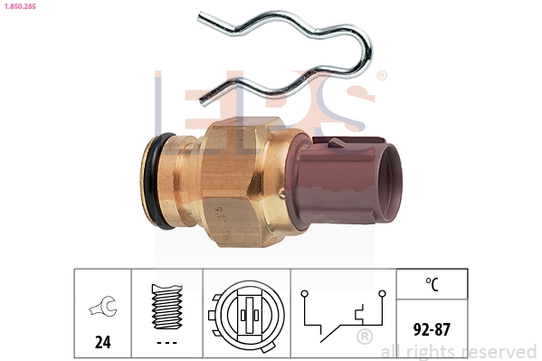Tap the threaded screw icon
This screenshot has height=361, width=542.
[166, 306]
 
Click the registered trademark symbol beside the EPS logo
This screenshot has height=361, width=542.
[381, 76]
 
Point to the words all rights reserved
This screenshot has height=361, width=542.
[459, 351]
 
